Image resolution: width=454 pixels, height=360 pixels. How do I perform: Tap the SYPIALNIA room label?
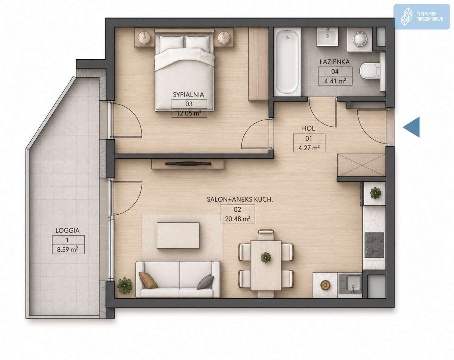pos(188,95)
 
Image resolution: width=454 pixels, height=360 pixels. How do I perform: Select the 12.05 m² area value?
pos(189,113)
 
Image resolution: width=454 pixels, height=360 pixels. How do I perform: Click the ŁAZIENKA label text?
pos(334,62)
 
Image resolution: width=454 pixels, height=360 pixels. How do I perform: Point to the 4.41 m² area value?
pos(335,81)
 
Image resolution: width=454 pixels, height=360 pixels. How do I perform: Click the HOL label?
pos(308,128)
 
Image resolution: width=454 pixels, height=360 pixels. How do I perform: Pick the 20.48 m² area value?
pos(237,219)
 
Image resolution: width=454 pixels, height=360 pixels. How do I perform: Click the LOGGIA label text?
pos(67,231)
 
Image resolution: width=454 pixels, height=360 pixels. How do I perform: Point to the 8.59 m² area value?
pos(67,249)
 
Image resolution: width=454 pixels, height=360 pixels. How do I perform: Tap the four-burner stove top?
pos(374,245)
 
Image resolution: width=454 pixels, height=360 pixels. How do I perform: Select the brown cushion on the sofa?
pos(148,280)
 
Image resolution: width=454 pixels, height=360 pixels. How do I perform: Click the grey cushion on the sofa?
pos(205,282)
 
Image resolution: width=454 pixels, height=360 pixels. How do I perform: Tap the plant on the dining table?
pos(266,257)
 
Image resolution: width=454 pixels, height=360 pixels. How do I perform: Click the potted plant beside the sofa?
pos(124,285)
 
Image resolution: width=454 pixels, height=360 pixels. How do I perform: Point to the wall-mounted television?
pos(188,164)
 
